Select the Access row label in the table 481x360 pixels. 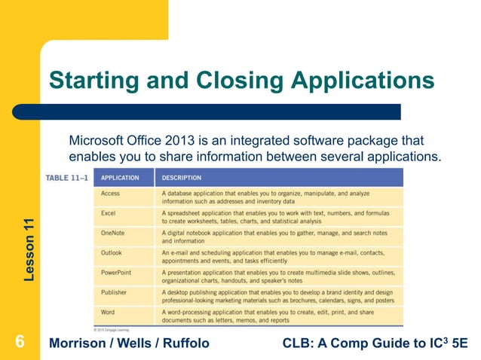tap(110, 194)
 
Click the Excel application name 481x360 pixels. tap(108, 213)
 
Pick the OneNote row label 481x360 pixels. tap(113, 233)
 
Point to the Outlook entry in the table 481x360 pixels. tap(112, 252)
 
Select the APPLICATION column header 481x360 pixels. tap(120, 178)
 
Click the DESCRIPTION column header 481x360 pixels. tap(181, 178)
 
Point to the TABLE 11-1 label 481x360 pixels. tap(68, 178)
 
